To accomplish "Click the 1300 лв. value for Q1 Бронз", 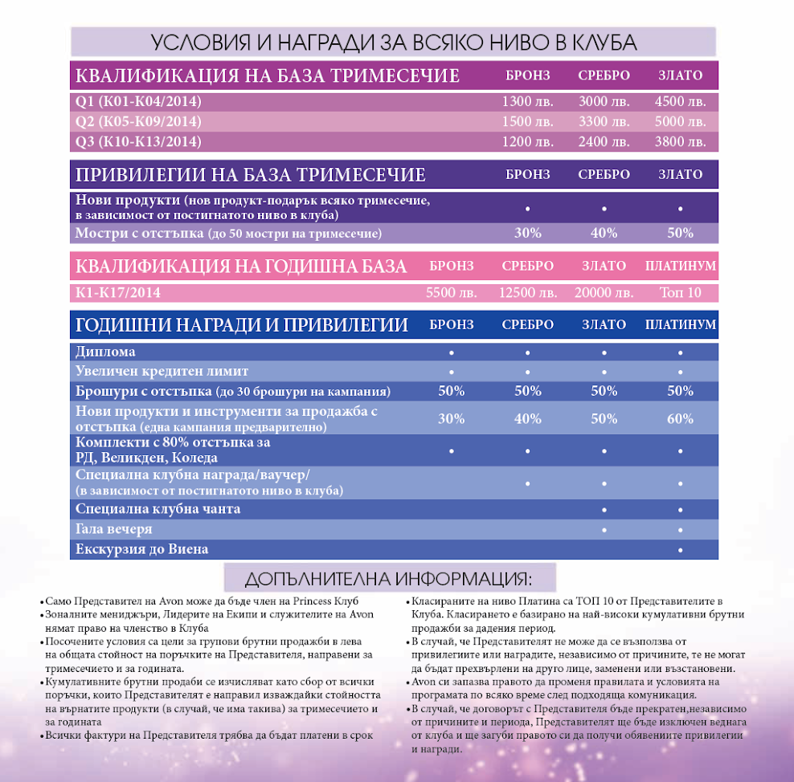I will pos(527,102).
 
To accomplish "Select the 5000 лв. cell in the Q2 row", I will pos(680,122).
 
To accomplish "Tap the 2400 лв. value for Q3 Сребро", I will pos(604,142).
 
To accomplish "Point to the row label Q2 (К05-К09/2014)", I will pos(138,122).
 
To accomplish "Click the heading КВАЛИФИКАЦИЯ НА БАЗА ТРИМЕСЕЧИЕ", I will pos(267,76).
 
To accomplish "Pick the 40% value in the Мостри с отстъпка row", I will pos(604,233).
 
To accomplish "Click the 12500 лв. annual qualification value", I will pos(528,293).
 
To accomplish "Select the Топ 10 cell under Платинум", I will pos(680,293).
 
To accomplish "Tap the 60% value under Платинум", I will pos(680,418).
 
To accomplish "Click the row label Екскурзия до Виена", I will pos(141,549).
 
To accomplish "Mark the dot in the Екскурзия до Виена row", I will pos(680,550).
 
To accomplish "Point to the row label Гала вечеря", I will pos(113,530).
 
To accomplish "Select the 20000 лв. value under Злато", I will pos(604,293).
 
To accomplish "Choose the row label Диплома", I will pos(105,352).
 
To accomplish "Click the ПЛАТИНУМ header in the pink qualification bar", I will pos(680,266).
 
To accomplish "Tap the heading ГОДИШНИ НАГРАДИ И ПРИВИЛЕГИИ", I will pos(241,325).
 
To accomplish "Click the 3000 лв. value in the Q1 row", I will pos(604,102).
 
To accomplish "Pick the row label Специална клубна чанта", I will pos(158,509).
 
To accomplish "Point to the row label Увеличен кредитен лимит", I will pos(162,372).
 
